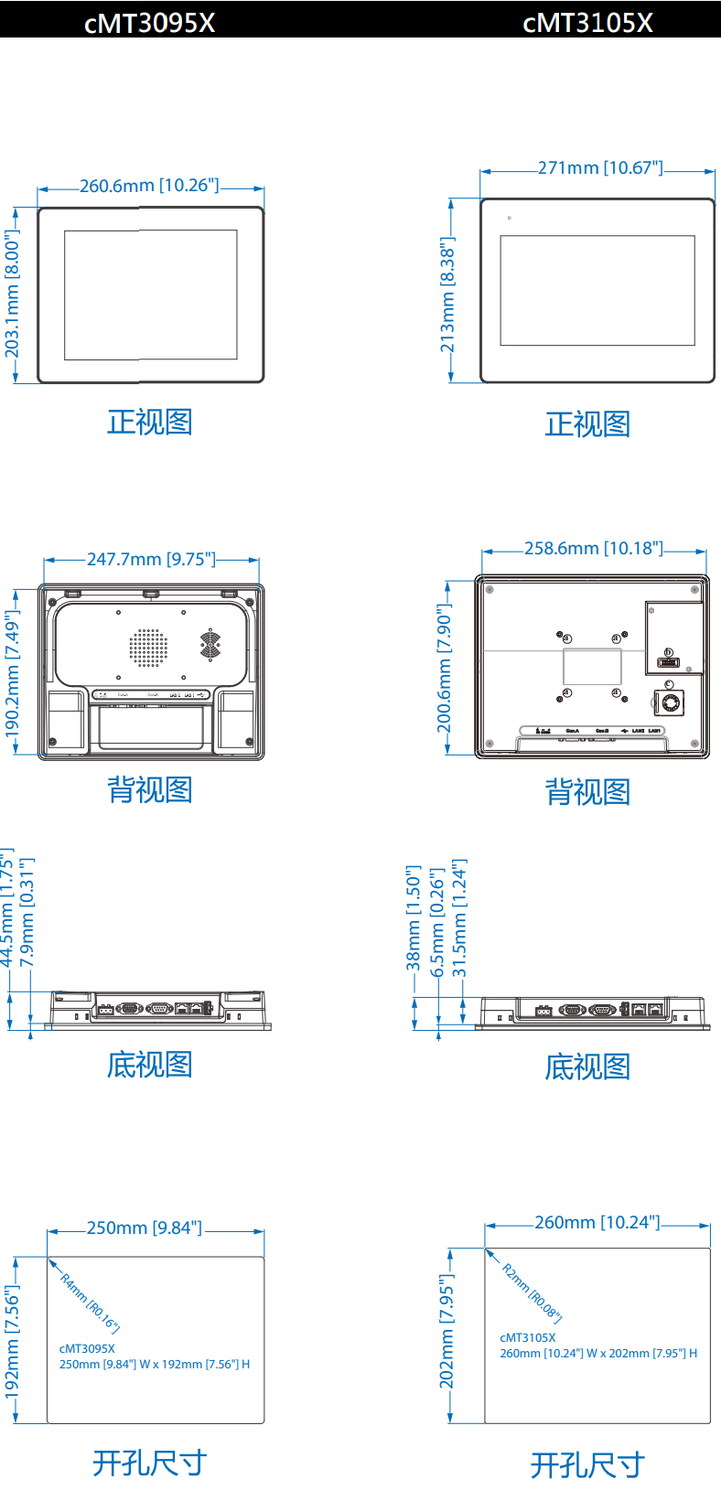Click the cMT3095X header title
(149, 23)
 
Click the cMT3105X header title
(587, 23)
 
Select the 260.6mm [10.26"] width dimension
(149, 186)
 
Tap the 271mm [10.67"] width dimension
(599, 168)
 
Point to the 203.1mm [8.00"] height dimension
(12, 294)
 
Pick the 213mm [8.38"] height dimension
(447, 295)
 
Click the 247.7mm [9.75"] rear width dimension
(151, 559)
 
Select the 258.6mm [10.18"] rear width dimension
(593, 549)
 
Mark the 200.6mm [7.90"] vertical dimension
(444, 669)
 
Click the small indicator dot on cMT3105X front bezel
(510, 218)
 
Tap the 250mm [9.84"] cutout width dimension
(144, 1228)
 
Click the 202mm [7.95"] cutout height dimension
(447, 1332)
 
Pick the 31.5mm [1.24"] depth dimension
(460, 917)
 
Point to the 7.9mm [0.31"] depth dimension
(27, 912)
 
